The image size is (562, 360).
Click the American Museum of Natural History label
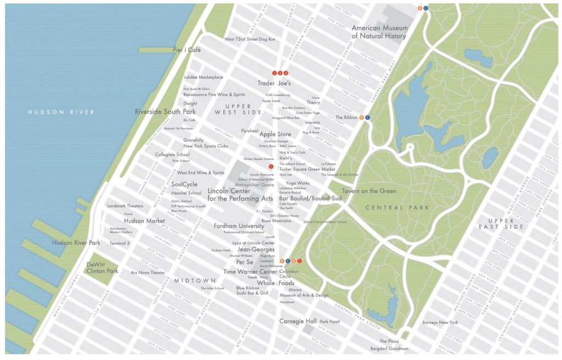click(379, 32)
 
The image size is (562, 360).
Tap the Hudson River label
click(61, 112)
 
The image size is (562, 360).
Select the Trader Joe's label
click(274, 83)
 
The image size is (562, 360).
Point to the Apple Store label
click(276, 134)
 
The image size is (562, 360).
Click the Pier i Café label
click(187, 50)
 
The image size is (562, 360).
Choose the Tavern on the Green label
click(369, 191)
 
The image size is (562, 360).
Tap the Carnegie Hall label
click(298, 321)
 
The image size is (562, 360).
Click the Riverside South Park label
click(165, 111)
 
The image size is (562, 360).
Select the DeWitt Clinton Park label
click(102, 268)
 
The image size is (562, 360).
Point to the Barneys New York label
click(440, 322)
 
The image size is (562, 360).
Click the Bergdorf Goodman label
click(389, 348)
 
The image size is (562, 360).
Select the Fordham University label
click(239, 226)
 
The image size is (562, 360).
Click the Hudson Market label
click(144, 221)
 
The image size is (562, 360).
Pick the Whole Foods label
click(276, 283)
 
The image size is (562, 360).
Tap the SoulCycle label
click(184, 184)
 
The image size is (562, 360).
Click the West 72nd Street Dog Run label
click(250, 40)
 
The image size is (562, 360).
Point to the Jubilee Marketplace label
click(203, 77)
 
